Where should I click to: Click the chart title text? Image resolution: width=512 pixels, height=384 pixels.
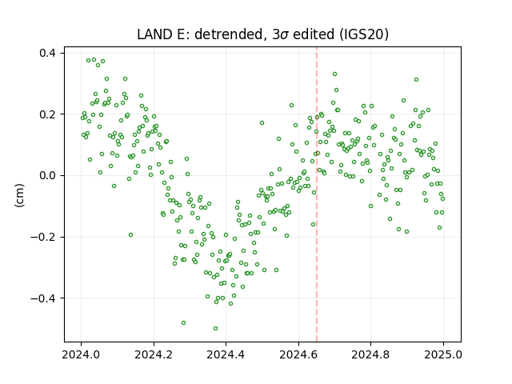[x=262, y=34]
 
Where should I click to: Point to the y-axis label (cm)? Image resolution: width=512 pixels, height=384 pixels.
[x=19, y=195]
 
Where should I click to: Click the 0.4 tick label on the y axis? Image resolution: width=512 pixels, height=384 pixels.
[x=47, y=53]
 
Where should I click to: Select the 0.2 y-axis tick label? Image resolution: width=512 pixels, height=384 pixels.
[x=47, y=114]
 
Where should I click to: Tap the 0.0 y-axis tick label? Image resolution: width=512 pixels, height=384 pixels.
[x=47, y=175]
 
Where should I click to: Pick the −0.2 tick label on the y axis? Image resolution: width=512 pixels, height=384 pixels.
[x=43, y=237]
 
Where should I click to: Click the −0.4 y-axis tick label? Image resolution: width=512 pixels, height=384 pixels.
[x=43, y=298]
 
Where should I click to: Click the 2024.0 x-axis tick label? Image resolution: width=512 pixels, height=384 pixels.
[x=81, y=354]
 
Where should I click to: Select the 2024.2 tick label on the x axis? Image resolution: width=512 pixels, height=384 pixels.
[x=154, y=354]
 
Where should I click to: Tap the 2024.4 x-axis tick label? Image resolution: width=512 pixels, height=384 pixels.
[x=226, y=354]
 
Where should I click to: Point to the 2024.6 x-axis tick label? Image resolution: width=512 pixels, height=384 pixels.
[x=298, y=354]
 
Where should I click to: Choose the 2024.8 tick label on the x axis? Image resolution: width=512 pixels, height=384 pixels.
[x=370, y=354]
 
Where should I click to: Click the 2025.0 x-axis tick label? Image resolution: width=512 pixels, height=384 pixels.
[x=443, y=354]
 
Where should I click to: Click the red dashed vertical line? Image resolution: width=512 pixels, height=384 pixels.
[x=317, y=194]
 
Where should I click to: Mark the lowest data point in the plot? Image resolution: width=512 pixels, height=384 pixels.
[x=215, y=328]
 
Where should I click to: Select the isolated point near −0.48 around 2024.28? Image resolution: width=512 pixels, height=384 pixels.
[x=183, y=322]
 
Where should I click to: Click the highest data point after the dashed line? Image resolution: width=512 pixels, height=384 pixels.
[x=334, y=74]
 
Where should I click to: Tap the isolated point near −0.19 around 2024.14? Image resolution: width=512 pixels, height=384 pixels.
[x=130, y=234]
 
